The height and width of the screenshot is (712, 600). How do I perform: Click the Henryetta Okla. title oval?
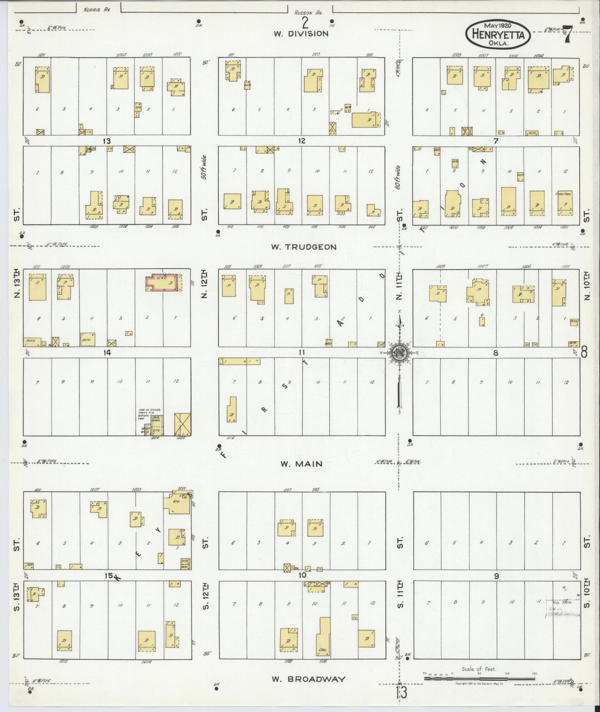(497, 34)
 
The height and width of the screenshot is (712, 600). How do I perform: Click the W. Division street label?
(301, 34)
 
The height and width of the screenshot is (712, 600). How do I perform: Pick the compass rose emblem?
(399, 353)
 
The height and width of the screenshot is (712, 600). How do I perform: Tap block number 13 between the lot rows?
(107, 141)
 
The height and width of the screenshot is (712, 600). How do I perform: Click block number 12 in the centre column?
(301, 141)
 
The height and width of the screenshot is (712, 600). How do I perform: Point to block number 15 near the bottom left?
(109, 575)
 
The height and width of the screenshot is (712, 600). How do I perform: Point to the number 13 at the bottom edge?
(402, 692)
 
